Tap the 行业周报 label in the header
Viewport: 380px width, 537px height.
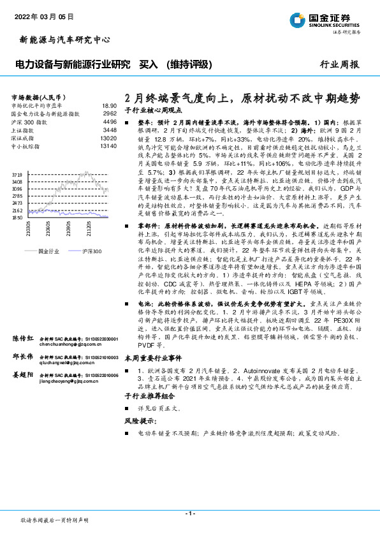click(x=339, y=64)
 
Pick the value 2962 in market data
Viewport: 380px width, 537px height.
click(x=110, y=113)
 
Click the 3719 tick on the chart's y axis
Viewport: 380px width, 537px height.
click(x=17, y=174)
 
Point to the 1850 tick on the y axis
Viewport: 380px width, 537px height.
click(x=17, y=218)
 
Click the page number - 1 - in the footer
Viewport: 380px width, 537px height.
click(x=189, y=513)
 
